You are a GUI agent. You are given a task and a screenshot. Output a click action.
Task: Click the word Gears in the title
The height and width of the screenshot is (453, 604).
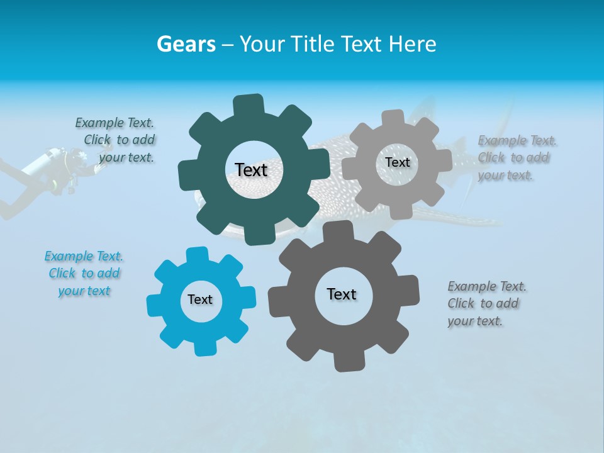[x=186, y=44]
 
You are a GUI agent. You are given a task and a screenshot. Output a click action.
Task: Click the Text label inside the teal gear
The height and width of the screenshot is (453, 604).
[x=251, y=170]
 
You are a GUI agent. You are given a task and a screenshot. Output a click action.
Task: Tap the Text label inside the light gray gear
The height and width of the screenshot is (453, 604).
[x=397, y=162]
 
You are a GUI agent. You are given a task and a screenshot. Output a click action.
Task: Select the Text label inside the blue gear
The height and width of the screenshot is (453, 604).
[x=200, y=300]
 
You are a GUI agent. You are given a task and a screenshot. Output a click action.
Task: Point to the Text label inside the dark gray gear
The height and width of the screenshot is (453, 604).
[x=342, y=294]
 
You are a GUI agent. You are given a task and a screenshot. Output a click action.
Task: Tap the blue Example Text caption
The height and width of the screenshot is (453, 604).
[x=84, y=274]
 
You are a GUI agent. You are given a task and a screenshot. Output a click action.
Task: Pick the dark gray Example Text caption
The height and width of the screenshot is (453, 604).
[x=486, y=304]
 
